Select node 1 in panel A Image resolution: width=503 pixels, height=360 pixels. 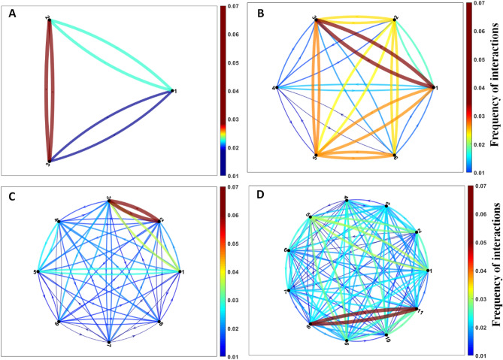173,90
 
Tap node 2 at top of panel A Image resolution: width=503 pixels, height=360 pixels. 49,20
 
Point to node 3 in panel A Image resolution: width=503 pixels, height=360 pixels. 49,161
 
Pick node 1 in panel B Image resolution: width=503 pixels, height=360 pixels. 435,88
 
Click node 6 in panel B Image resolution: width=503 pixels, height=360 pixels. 395,156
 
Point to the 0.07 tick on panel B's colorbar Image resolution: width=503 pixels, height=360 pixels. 485,6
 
